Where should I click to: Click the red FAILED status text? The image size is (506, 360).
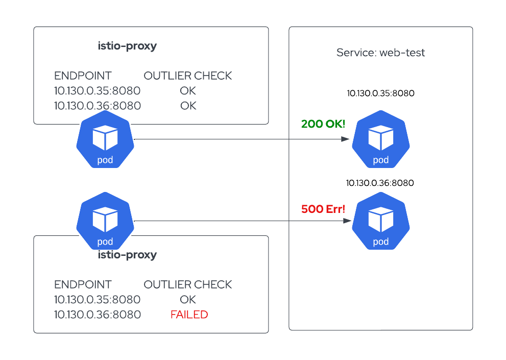click(189, 315)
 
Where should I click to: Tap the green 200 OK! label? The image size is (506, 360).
click(323, 124)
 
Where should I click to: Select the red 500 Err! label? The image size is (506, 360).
click(323, 209)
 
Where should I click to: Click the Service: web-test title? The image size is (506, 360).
click(380, 53)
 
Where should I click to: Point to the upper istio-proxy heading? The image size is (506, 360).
click(127, 46)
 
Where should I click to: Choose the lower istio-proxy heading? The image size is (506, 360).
click(127, 255)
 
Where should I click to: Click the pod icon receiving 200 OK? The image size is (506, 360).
click(380, 140)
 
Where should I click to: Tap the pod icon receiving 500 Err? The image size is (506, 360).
click(380, 222)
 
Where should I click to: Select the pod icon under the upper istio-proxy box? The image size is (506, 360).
click(105, 140)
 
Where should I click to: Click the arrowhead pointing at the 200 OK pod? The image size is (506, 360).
click(347, 139)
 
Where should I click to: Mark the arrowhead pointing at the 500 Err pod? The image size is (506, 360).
click(347, 221)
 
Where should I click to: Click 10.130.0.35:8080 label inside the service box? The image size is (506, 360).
click(380, 93)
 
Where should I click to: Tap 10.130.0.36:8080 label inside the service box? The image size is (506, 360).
click(380, 183)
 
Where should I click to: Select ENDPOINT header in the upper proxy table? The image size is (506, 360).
click(83, 76)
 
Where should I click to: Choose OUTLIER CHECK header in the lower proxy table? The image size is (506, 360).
click(187, 284)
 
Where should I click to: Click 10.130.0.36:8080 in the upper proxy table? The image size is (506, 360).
click(97, 106)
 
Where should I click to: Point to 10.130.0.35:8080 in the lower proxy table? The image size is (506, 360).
click(97, 299)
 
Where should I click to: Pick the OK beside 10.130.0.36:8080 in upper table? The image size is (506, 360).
click(188, 106)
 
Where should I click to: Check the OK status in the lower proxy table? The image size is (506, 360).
click(188, 299)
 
